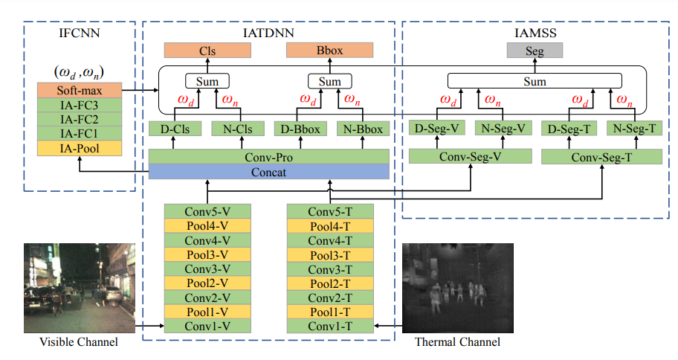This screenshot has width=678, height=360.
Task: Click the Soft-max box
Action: click(79, 91)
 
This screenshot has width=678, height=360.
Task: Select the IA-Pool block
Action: click(79, 149)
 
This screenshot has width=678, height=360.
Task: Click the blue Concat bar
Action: click(268, 172)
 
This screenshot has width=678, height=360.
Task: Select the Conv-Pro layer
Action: click(268, 157)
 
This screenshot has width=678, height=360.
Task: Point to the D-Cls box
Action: click(175, 129)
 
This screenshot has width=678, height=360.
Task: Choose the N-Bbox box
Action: click(363, 129)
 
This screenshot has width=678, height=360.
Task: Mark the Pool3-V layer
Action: click(208, 255)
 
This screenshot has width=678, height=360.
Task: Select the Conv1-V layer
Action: click(208, 326)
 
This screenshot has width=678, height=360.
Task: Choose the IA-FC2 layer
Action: click(79, 120)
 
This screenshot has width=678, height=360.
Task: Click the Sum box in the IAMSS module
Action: click(535, 81)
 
